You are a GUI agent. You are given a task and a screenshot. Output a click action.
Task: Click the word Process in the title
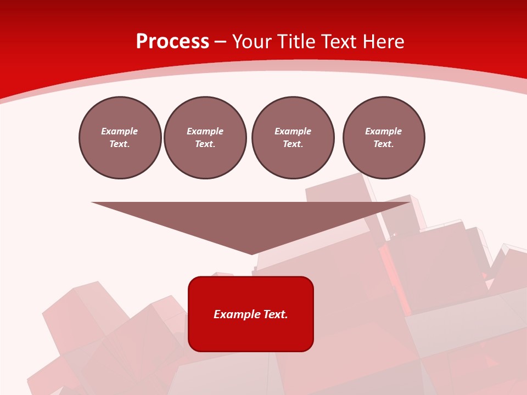click(172, 42)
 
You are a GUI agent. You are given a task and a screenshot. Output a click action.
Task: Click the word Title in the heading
click(298, 42)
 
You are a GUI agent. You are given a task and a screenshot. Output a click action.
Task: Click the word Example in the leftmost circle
click(120, 131)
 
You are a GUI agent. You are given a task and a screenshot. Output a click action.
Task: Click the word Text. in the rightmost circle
click(383, 144)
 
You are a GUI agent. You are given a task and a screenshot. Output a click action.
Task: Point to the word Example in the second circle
click(205, 131)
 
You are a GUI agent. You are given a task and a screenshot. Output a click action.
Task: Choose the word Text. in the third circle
click(293, 144)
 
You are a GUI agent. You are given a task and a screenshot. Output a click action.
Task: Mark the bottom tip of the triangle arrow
click(251, 253)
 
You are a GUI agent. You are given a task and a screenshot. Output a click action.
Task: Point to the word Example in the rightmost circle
click(383, 131)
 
